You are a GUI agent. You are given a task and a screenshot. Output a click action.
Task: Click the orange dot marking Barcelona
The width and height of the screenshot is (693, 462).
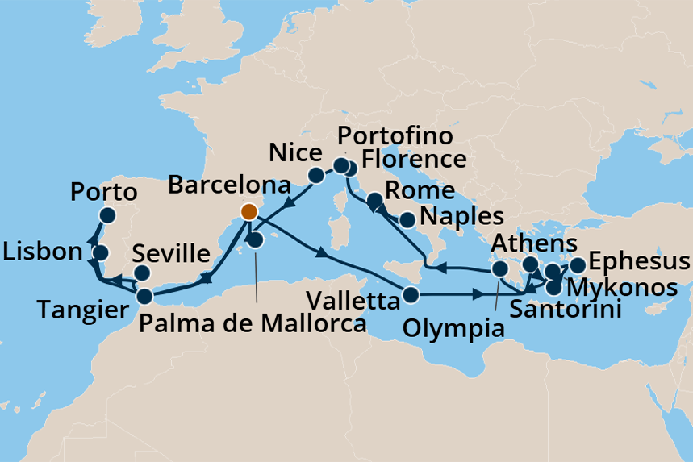tap(248, 212)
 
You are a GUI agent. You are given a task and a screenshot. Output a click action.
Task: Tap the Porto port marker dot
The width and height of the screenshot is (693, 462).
tap(107, 215)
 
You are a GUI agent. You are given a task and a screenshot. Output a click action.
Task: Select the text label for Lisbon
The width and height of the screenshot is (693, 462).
tap(43, 251)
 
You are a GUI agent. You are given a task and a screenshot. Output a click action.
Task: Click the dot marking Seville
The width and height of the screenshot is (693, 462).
tap(141, 273)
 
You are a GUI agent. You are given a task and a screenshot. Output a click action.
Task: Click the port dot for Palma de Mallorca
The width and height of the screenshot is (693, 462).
tap(255, 240)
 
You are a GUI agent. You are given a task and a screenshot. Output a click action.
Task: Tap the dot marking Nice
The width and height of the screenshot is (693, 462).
tap(316, 175)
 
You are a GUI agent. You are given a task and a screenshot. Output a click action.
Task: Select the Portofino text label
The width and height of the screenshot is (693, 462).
tap(395, 134)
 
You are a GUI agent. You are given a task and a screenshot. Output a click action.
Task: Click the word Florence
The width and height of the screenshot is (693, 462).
tap(414, 158)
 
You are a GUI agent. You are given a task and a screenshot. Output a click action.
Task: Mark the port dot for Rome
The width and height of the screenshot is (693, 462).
tap(374, 200)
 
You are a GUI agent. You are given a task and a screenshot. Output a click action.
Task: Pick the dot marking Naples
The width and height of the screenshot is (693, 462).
tap(408, 219)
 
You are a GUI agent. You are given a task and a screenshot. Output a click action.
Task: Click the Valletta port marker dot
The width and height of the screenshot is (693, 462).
tap(411, 295)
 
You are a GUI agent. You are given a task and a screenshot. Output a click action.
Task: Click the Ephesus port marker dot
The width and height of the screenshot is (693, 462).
tap(578, 265)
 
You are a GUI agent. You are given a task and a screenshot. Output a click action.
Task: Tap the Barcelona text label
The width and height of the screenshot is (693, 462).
tap(229, 185)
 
